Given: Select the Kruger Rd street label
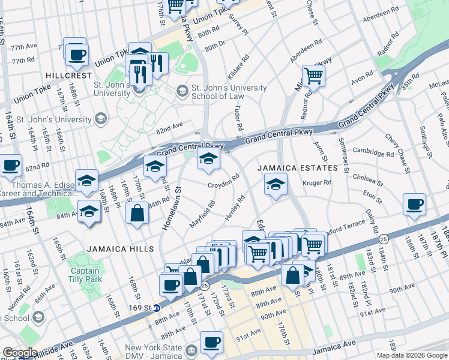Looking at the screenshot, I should tap(318, 182).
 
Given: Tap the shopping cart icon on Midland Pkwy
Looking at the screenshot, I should tap(313, 76).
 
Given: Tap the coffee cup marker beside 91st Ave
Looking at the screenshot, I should tap(211, 343).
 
